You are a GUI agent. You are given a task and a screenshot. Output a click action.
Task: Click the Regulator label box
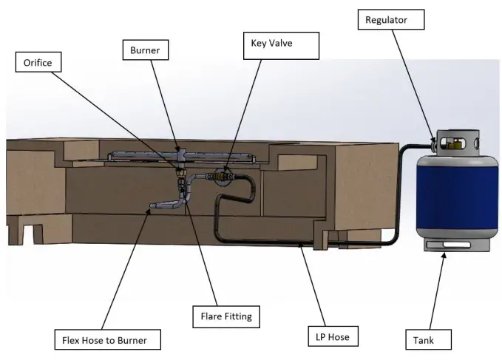(x=391, y=19)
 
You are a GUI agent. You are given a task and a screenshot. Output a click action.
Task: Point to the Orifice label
(x=37, y=63)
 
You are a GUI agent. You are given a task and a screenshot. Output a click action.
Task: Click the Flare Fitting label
(x=225, y=316)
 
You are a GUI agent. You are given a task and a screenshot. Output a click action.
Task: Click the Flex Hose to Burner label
(x=106, y=341)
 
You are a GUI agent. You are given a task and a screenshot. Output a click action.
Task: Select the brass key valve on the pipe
(x=220, y=177)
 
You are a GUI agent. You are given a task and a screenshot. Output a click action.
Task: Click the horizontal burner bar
(x=148, y=155)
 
